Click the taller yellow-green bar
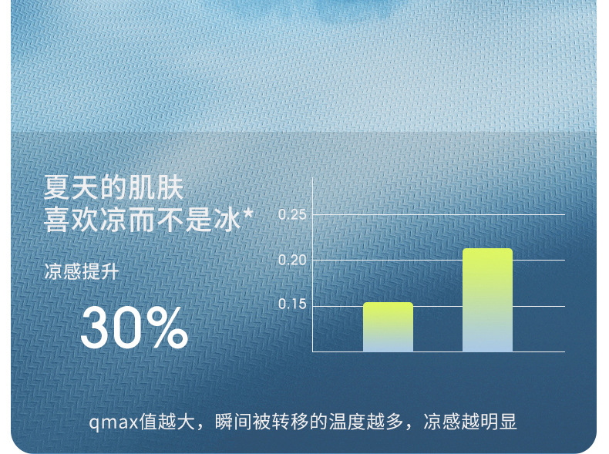click(487, 300)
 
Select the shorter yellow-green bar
click(388, 327)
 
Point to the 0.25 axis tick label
click(292, 214)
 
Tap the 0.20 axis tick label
click(292, 260)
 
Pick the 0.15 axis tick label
click(292, 304)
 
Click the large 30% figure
click(134, 328)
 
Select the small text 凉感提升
click(81, 271)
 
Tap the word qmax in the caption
click(113, 422)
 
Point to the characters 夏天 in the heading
click(71, 187)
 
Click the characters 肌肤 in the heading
click(156, 187)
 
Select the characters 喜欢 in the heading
click(71, 220)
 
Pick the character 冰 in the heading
click(227, 220)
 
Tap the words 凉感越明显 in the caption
click(470, 422)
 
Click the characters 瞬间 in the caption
click(234, 422)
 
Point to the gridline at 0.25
click(439, 214)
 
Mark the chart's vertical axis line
click(313, 265)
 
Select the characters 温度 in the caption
click(347, 422)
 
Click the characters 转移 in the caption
click(290, 422)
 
